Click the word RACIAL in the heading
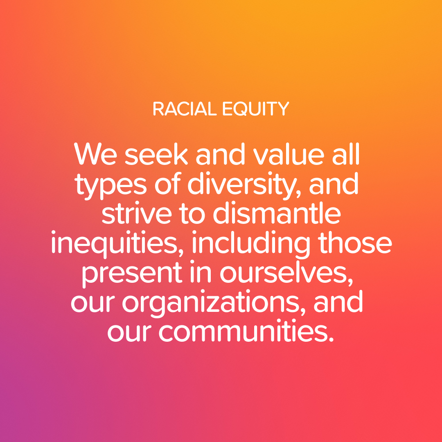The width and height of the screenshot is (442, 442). (185, 109)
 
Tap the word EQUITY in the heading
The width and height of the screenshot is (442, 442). (256, 109)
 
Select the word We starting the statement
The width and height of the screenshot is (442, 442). (95, 153)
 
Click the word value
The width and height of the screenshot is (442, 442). (289, 153)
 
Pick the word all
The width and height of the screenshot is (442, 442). (346, 153)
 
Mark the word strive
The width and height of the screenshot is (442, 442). (137, 213)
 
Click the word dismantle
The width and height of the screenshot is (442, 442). (277, 213)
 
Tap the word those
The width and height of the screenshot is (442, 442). (355, 243)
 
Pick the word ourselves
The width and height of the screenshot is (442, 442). (286, 273)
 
